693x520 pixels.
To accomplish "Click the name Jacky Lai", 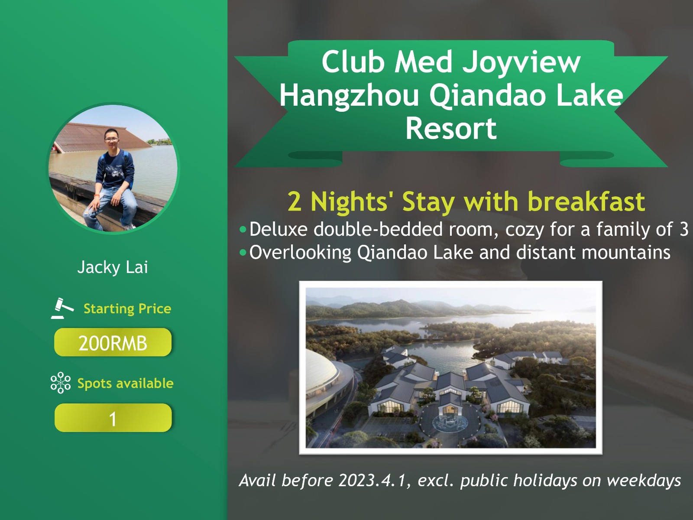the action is [x=113, y=267].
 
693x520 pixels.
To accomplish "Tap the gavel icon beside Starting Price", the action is [x=62, y=308].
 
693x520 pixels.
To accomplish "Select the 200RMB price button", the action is [x=113, y=342].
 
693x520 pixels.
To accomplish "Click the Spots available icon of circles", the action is [x=61, y=383].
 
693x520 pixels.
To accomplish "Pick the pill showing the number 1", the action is [x=113, y=418].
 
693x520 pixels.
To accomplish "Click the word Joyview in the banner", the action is [x=521, y=62].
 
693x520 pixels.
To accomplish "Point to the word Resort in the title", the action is [x=451, y=128].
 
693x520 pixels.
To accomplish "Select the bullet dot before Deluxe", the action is [x=243, y=229].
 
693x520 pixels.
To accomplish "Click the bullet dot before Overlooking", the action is [x=243, y=252].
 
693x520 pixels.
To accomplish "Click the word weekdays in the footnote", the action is [x=644, y=481].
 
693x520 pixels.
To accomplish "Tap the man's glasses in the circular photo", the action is [x=111, y=139].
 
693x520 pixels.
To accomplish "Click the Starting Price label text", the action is [x=127, y=309].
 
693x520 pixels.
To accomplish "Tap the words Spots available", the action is [x=125, y=383].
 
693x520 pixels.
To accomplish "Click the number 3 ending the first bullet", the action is [x=684, y=229].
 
